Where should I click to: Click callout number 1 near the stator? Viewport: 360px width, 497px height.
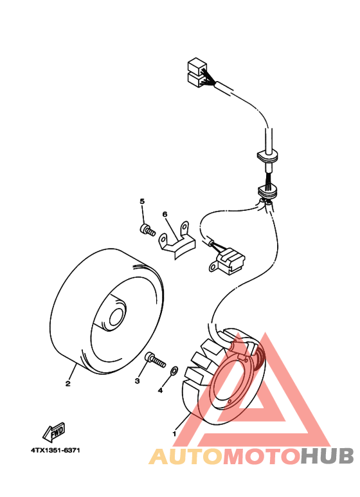click(x=174, y=433)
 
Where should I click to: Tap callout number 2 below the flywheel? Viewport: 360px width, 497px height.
click(x=67, y=384)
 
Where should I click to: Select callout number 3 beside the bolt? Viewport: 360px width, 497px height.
click(x=137, y=381)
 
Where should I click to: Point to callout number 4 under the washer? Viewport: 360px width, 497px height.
click(x=161, y=390)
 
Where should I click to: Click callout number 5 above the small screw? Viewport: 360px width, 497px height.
click(x=142, y=202)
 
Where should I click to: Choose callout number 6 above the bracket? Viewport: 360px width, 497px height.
click(x=165, y=214)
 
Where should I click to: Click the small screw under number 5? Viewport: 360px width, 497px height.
click(x=148, y=228)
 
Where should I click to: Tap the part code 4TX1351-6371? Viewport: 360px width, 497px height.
click(x=54, y=450)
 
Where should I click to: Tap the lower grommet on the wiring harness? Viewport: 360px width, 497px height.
click(x=268, y=190)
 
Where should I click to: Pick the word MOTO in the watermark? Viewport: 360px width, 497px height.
click(x=260, y=456)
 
